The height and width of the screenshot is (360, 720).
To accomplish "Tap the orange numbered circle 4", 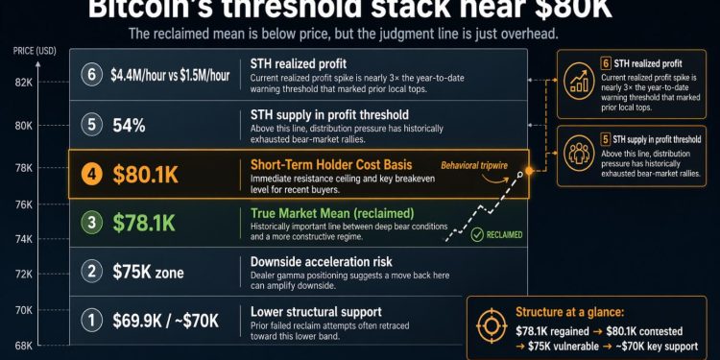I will (x=91, y=175).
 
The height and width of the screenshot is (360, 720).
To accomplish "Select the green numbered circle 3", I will (x=92, y=224).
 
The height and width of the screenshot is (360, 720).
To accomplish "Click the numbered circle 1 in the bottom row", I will (x=92, y=320).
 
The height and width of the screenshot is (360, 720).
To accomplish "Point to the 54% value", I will (x=130, y=125).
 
